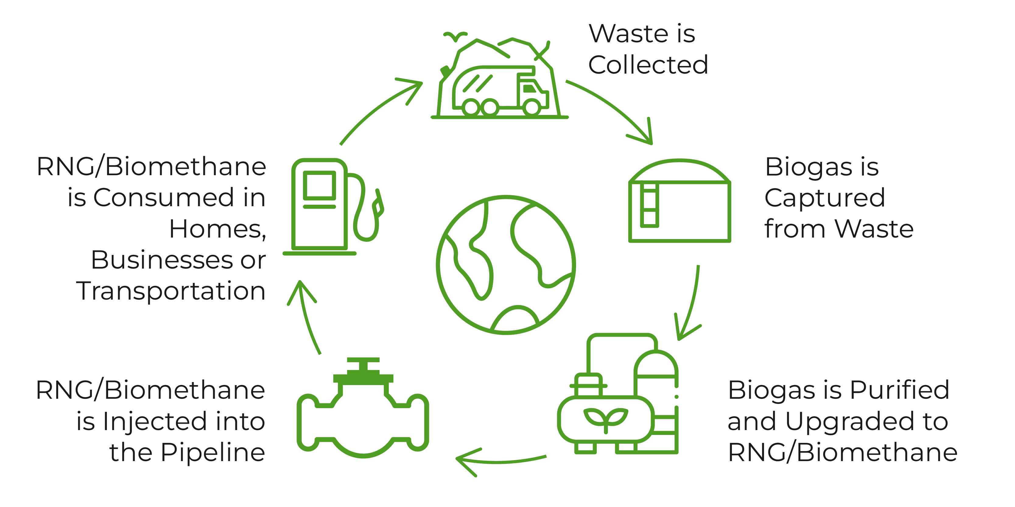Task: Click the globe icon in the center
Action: pyautogui.click(x=506, y=265)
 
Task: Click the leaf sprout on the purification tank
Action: pyautogui.click(x=606, y=418)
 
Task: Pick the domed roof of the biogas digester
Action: pyautogui.click(x=679, y=170)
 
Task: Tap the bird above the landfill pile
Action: pyautogui.click(x=455, y=36)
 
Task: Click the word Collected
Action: pyautogui.click(x=648, y=65)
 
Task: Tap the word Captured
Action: pyautogui.click(x=824, y=198)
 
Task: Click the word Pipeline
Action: pyautogui.click(x=213, y=453)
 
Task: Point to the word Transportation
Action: pyautogui.click(x=170, y=291)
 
